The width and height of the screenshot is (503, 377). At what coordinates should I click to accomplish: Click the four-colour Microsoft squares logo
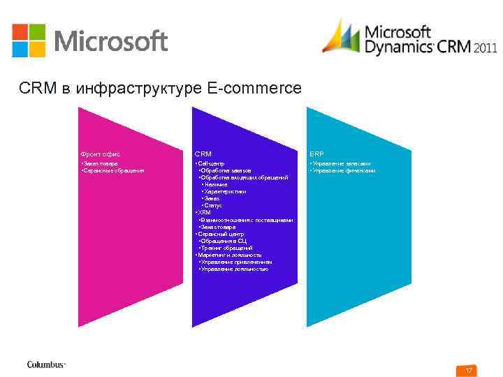click(28, 40)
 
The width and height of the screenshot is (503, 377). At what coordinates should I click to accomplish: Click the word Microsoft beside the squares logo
click(110, 41)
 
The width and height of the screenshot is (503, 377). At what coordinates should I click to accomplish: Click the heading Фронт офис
click(100, 153)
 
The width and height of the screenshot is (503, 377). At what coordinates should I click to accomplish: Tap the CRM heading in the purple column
click(203, 153)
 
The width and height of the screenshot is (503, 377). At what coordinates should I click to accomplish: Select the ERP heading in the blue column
click(316, 153)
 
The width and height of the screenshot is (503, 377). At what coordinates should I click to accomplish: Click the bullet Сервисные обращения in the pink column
click(114, 170)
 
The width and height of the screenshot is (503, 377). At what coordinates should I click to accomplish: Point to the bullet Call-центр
click(210, 163)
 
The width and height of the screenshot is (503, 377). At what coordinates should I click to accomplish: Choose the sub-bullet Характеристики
click(226, 191)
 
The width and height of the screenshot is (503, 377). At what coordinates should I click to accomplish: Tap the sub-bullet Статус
click(214, 205)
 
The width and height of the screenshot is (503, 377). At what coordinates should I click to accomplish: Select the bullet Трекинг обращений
click(226, 248)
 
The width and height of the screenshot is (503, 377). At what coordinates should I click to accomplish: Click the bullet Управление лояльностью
click(234, 269)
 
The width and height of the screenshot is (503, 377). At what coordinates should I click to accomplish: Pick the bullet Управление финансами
click(344, 170)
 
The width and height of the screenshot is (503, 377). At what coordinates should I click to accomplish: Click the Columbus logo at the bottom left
click(46, 364)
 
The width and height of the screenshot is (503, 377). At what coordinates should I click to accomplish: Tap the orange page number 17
click(469, 369)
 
